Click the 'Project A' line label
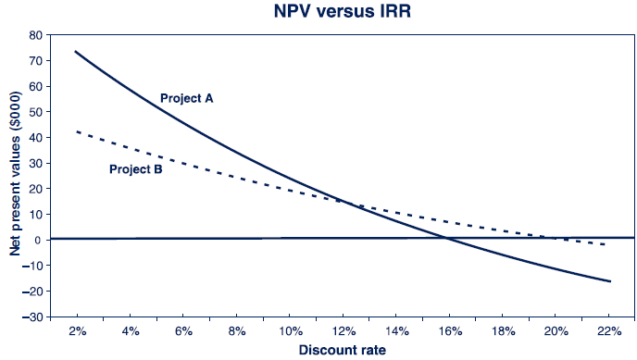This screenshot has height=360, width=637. click(x=187, y=97)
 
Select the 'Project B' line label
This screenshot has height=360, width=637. click(x=136, y=169)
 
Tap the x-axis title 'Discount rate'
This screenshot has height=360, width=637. click(x=343, y=350)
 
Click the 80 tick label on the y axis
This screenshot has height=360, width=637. click(x=35, y=35)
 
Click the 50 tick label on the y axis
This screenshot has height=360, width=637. click(x=35, y=112)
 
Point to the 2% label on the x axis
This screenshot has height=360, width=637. click(x=77, y=330)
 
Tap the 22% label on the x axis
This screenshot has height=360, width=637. click(x=608, y=330)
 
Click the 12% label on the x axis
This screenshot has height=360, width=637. click(x=343, y=330)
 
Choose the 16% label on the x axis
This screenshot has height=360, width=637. click(x=449, y=330)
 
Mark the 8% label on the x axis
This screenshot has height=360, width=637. click(x=236, y=330)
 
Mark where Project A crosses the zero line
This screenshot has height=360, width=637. click(x=447, y=239)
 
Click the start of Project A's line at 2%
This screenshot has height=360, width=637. click(x=76, y=52)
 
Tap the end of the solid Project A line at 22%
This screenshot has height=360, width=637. click(x=609, y=281)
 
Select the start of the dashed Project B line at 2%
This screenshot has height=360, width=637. click(x=76, y=131)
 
